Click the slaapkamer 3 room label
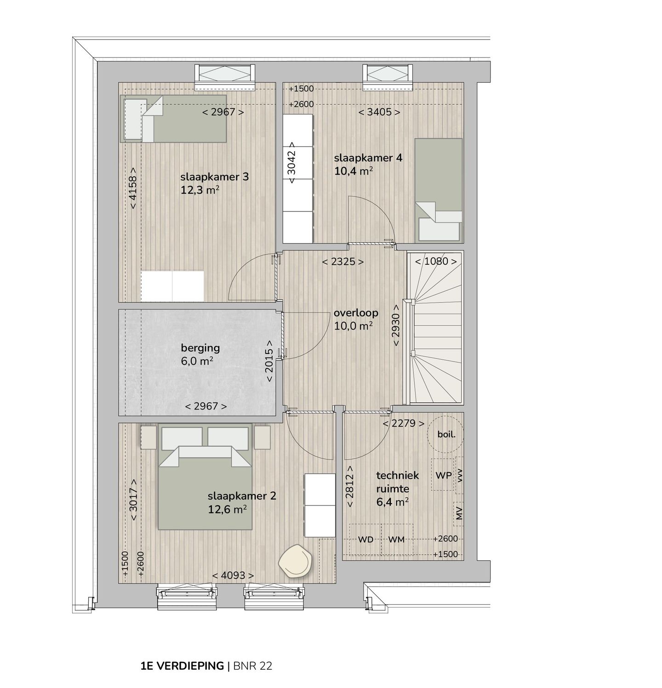pos(214,177)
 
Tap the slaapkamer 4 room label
pos(368,158)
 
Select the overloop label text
pos(356,313)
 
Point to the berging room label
pos(200,348)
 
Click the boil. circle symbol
pos(445,434)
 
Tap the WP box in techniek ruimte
pos(443,475)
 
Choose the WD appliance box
pos(365,539)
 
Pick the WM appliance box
pos(396,539)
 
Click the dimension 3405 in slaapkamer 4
pos(379,112)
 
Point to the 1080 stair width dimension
pos(436,262)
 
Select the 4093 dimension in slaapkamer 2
pos(233,575)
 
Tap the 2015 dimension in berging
pos(269,361)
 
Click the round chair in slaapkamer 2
pos(296,561)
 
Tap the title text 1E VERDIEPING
pos(182,666)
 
